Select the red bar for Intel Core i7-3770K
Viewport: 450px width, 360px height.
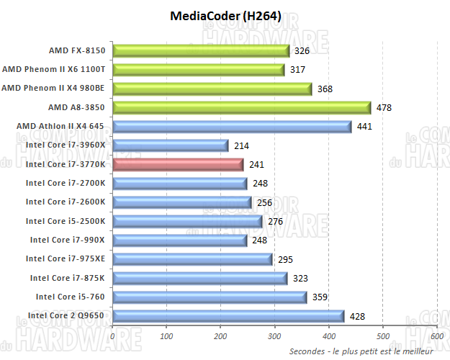[179, 164]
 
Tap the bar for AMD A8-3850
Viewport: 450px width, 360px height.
[242, 107]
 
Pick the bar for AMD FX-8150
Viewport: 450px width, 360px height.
[202, 50]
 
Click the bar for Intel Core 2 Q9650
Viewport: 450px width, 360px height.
[228, 315]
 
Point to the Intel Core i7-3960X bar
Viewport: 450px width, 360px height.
[171, 145]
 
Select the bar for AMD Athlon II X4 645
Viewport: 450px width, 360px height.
[232, 127]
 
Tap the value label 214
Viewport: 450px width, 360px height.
[241, 145]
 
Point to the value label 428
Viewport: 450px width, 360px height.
[357, 315]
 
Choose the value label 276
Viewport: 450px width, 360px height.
[275, 221]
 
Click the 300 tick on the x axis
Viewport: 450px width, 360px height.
[274, 336]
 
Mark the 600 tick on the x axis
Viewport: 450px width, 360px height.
[436, 336]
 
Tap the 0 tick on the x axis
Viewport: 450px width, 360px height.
[113, 336]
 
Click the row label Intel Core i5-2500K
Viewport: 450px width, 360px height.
[65, 221]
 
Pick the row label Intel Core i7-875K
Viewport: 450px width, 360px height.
[67, 277]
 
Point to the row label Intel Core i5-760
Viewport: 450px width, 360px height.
[70, 297]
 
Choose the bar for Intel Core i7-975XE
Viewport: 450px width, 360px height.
[192, 258]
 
